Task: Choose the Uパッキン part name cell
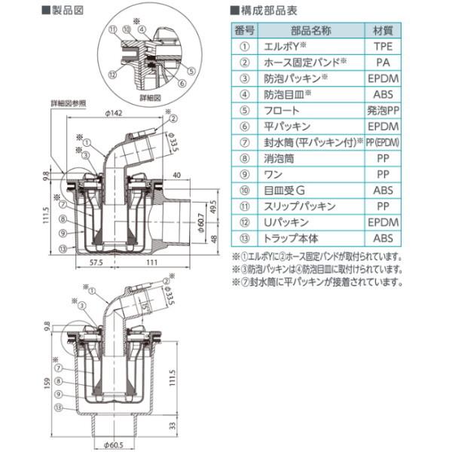point(283,221)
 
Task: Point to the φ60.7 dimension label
point(200,225)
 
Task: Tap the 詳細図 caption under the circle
point(151,98)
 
